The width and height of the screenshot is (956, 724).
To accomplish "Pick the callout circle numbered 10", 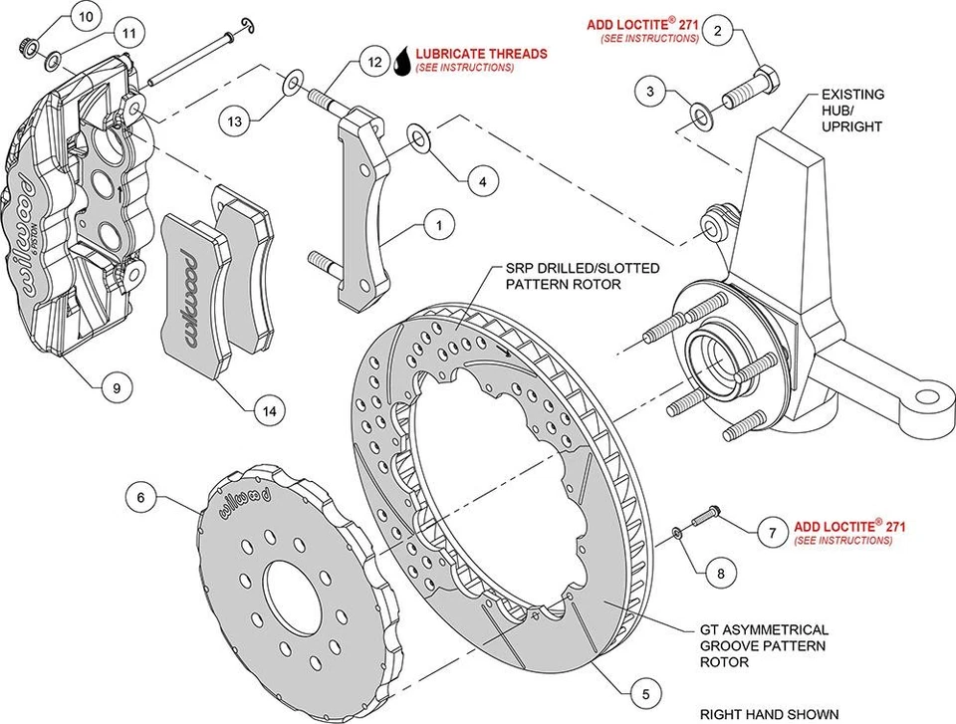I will click(86, 17).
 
